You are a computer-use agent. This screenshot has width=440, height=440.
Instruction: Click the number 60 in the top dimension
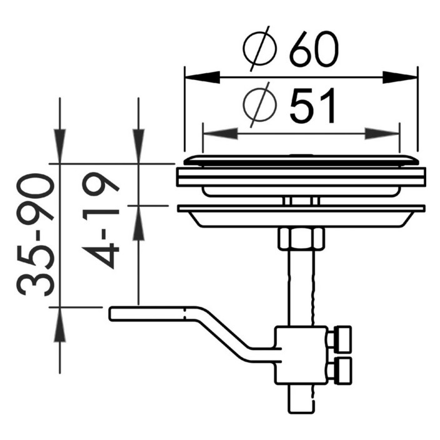[314, 49]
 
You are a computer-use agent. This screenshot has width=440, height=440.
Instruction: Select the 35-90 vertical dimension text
[36, 235]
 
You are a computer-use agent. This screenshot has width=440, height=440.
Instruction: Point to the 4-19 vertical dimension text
[101, 220]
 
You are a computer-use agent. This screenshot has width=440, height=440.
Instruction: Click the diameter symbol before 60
[260, 49]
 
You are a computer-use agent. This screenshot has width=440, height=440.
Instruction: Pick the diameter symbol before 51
[260, 104]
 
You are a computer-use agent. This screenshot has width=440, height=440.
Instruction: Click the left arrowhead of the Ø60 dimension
[202, 77]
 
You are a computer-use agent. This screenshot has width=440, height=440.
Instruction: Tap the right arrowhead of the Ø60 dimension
[400, 77]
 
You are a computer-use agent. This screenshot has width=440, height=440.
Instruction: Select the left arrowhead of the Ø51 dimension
[221, 134]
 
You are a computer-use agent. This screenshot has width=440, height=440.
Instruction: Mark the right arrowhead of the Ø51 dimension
[382, 134]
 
